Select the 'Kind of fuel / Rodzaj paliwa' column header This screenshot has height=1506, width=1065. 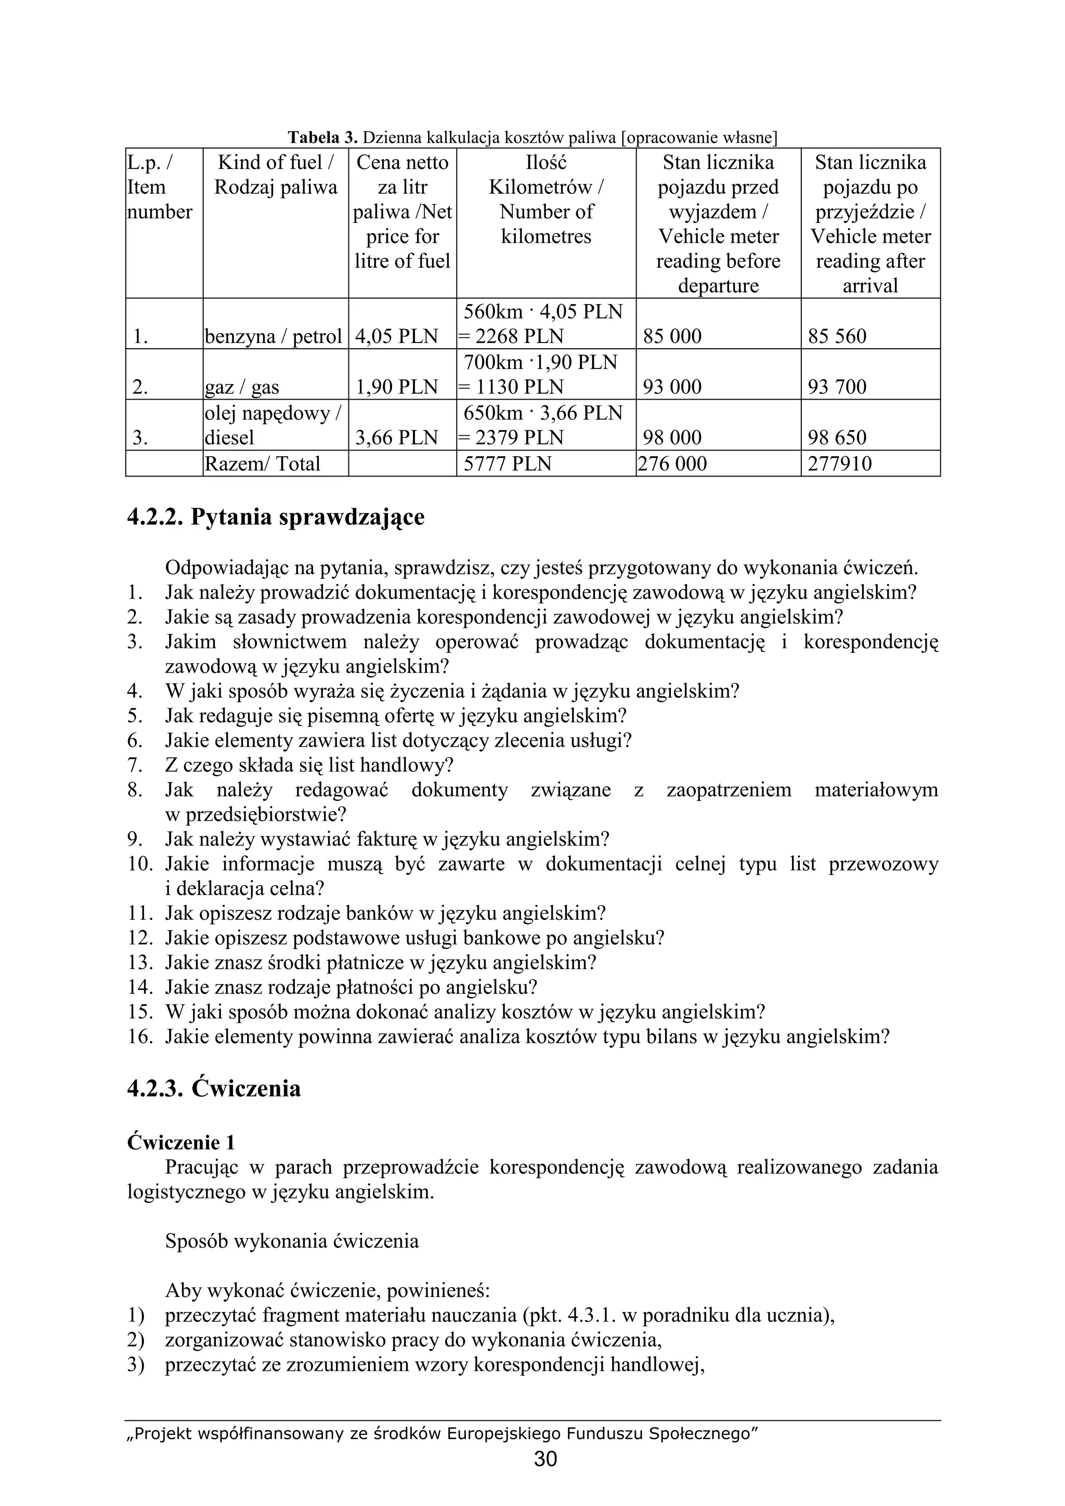276,175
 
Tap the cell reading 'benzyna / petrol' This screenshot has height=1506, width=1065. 274,337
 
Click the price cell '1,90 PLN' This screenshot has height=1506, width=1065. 396,387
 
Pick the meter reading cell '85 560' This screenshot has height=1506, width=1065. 837,337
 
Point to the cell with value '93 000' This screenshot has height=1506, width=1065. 672,387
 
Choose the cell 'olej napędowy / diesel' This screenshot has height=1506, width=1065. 273,425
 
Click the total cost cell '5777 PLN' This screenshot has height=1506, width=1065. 507,464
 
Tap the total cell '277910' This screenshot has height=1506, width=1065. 840,464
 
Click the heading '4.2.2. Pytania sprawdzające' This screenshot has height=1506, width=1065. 276,517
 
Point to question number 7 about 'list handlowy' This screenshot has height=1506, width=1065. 309,765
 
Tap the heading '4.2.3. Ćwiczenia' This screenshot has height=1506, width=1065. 214,1089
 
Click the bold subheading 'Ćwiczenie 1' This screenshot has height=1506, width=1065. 181,1143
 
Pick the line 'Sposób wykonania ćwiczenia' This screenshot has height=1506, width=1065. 292,1241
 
